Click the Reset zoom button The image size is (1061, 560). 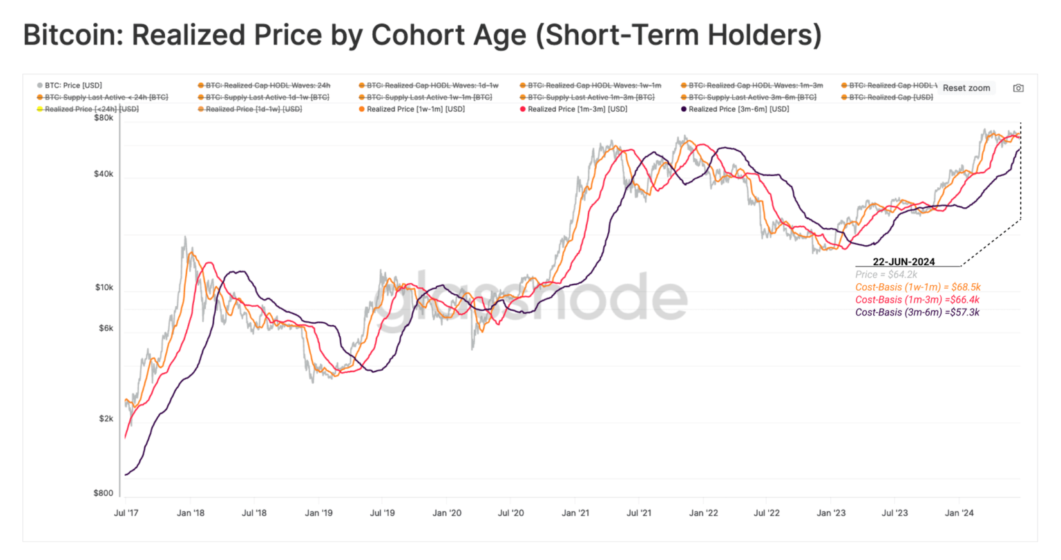click(966, 88)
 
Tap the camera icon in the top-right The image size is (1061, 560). click(1018, 88)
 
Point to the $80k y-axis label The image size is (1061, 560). click(104, 118)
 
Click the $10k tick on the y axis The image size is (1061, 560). click(104, 287)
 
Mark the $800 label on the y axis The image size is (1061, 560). click(104, 493)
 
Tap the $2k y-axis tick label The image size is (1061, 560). click(106, 418)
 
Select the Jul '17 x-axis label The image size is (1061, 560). click(125, 513)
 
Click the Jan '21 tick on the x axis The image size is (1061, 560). click(575, 513)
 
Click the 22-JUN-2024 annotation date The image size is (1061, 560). click(904, 262)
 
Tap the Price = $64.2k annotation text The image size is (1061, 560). click(886, 275)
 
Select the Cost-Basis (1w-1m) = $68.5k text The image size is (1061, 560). click(917, 287)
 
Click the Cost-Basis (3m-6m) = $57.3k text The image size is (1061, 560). click(917, 312)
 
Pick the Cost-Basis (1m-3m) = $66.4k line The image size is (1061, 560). click(917, 300)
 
